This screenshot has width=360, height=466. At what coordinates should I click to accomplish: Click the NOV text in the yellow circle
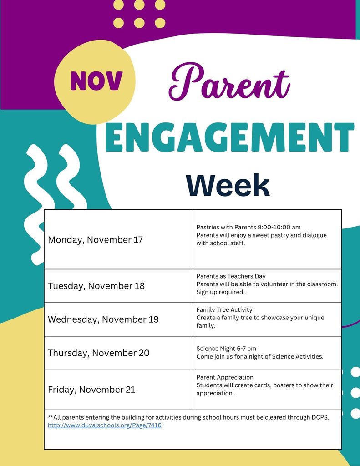pyautogui.click(x=96, y=81)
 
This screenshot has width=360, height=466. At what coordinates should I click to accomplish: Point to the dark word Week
pyautogui.click(x=228, y=186)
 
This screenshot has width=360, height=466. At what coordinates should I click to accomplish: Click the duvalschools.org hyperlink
pyautogui.click(x=105, y=425)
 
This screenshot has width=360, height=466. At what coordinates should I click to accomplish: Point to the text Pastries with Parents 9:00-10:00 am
pyautogui.click(x=248, y=227)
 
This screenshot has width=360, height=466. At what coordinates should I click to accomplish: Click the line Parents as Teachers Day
pyautogui.click(x=231, y=276)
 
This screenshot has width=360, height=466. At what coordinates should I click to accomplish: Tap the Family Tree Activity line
pyautogui.click(x=224, y=310)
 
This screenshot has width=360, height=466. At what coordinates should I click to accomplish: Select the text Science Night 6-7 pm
pyautogui.click(x=226, y=349)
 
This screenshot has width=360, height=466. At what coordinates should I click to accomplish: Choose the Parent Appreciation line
pyautogui.click(x=225, y=377)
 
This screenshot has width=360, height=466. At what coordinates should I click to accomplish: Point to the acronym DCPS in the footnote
pyautogui.click(x=319, y=417)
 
